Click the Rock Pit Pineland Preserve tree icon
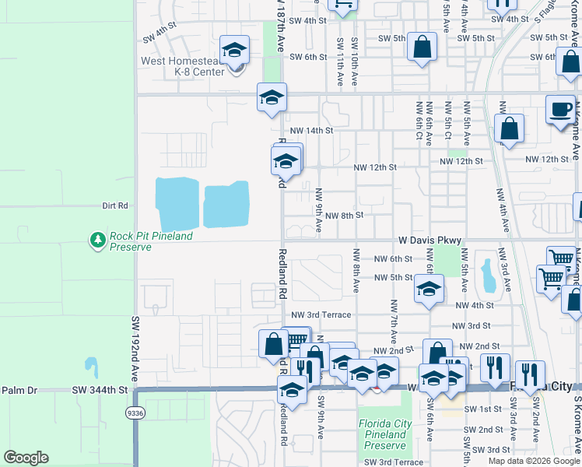click(x=98, y=241)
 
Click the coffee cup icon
click(x=560, y=110)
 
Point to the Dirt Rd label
click(x=114, y=206)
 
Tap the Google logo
click(x=26, y=458)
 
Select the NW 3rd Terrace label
click(x=321, y=314)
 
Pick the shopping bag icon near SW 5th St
click(x=421, y=47)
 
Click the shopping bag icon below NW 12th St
click(x=509, y=129)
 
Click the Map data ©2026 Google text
click(x=533, y=461)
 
